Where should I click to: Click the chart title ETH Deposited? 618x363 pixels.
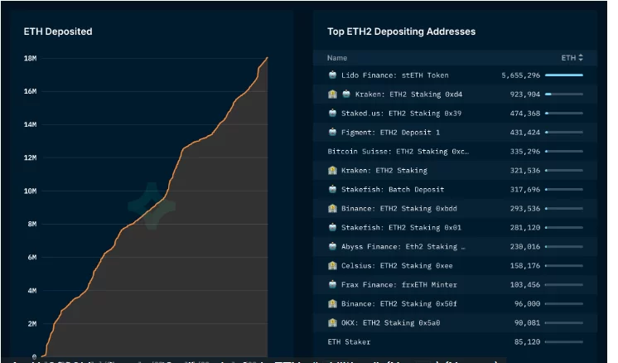point(57,31)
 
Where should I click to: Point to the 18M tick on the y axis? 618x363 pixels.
point(29,58)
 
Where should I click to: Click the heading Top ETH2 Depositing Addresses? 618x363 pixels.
point(401,31)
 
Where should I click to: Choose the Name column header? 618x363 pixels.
point(337,58)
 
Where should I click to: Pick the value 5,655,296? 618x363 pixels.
point(520,75)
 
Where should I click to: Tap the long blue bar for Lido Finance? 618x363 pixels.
point(563,75)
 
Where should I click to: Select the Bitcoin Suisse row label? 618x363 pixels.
point(398,152)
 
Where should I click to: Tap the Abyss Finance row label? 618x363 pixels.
point(403,246)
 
